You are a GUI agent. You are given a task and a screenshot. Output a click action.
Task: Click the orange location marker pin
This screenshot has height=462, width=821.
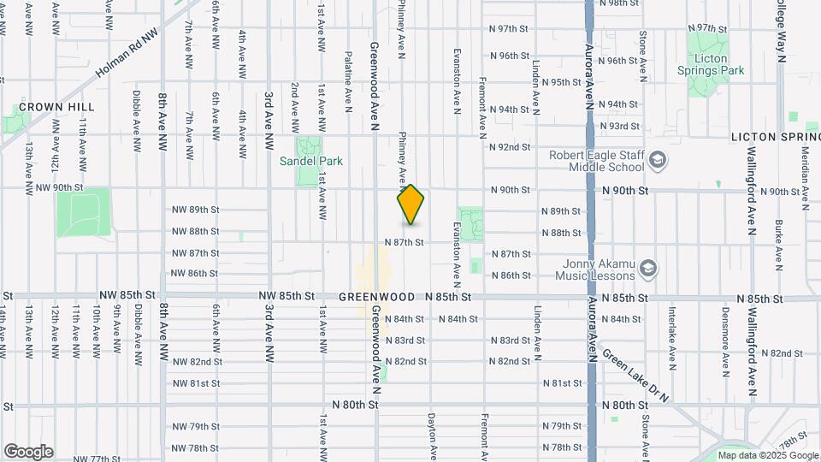(411, 204)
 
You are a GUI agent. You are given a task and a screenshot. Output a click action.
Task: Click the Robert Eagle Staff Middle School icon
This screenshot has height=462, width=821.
(657, 160)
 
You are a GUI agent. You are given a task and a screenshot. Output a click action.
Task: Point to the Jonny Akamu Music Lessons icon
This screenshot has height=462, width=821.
(648, 269)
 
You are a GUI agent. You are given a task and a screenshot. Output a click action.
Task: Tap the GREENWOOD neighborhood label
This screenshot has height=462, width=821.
(377, 297)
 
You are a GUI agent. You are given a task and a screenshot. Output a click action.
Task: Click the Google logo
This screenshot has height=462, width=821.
(28, 451)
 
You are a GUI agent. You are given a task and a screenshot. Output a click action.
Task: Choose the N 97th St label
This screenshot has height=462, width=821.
(510, 28)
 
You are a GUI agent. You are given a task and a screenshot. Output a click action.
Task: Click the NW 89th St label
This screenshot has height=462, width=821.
(196, 210)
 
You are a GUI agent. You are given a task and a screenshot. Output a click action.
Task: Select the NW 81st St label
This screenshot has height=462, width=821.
(196, 382)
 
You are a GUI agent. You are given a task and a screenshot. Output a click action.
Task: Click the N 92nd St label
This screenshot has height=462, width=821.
(510, 147)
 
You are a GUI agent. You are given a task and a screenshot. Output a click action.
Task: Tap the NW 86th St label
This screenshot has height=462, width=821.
(196, 274)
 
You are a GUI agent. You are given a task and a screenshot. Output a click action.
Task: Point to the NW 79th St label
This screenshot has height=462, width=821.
(196, 426)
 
